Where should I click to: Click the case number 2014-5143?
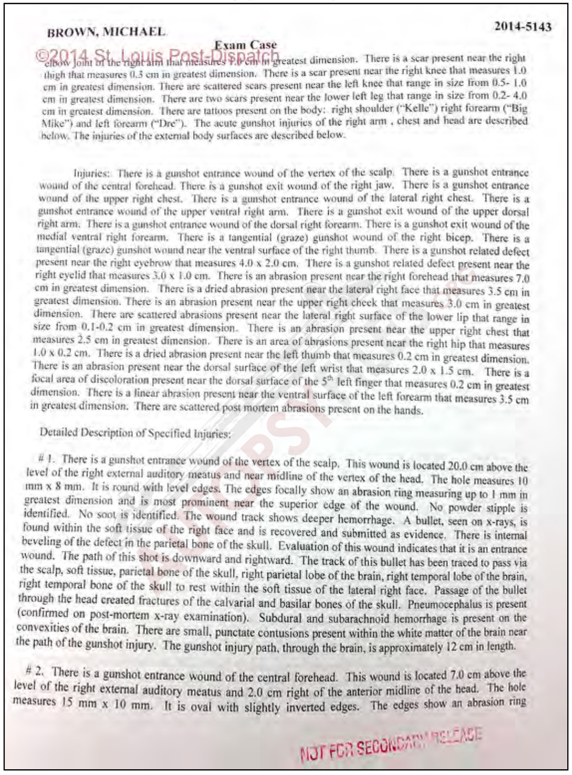click(522, 27)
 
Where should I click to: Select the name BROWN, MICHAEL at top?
click(106, 32)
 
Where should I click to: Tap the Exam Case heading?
click(245, 45)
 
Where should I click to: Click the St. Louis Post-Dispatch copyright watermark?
click(158, 55)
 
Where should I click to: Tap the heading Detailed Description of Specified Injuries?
click(135, 433)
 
